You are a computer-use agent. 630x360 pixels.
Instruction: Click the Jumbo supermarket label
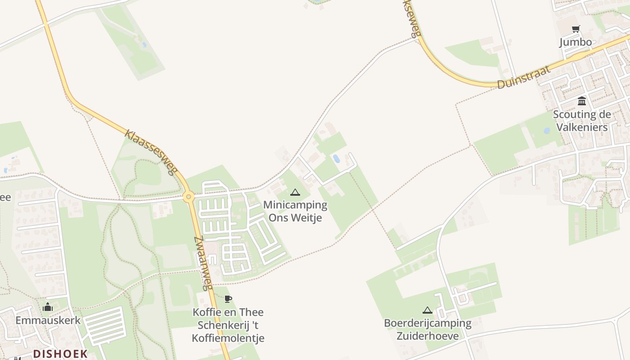click(576, 42)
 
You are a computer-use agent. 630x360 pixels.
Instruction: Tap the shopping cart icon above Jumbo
click(576, 29)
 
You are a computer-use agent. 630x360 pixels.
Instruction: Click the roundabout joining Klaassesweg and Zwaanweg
click(189, 196)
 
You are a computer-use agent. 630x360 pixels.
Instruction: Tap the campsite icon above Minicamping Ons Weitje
click(295, 193)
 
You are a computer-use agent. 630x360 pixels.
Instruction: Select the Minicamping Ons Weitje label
click(295, 211)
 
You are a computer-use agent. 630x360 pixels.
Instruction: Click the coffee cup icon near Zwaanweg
click(228, 299)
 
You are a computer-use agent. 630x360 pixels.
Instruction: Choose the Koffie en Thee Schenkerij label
click(228, 319)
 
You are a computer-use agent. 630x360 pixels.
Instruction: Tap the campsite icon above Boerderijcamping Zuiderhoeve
click(427, 310)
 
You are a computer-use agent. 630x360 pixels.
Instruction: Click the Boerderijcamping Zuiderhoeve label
click(427, 329)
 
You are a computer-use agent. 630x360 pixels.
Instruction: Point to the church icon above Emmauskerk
click(48, 307)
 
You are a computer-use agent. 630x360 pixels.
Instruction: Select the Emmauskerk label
click(48, 320)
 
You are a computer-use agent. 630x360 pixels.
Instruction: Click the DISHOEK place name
click(60, 354)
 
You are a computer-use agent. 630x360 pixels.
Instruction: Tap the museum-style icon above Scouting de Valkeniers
click(582, 101)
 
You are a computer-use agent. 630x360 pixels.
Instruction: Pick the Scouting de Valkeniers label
click(582, 121)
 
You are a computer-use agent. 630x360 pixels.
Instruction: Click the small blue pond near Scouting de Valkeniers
click(547, 131)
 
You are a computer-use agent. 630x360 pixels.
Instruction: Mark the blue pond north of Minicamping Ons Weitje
click(336, 158)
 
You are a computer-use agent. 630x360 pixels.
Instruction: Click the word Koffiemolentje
click(228, 338)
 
